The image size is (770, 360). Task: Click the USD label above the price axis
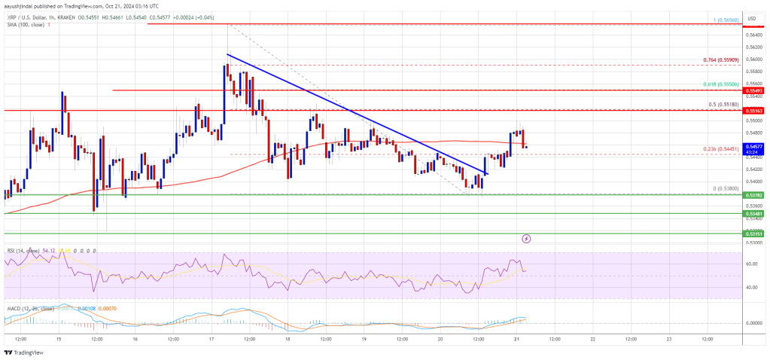pos(750,18)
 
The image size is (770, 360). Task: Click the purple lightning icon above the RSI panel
pos(526,239)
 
